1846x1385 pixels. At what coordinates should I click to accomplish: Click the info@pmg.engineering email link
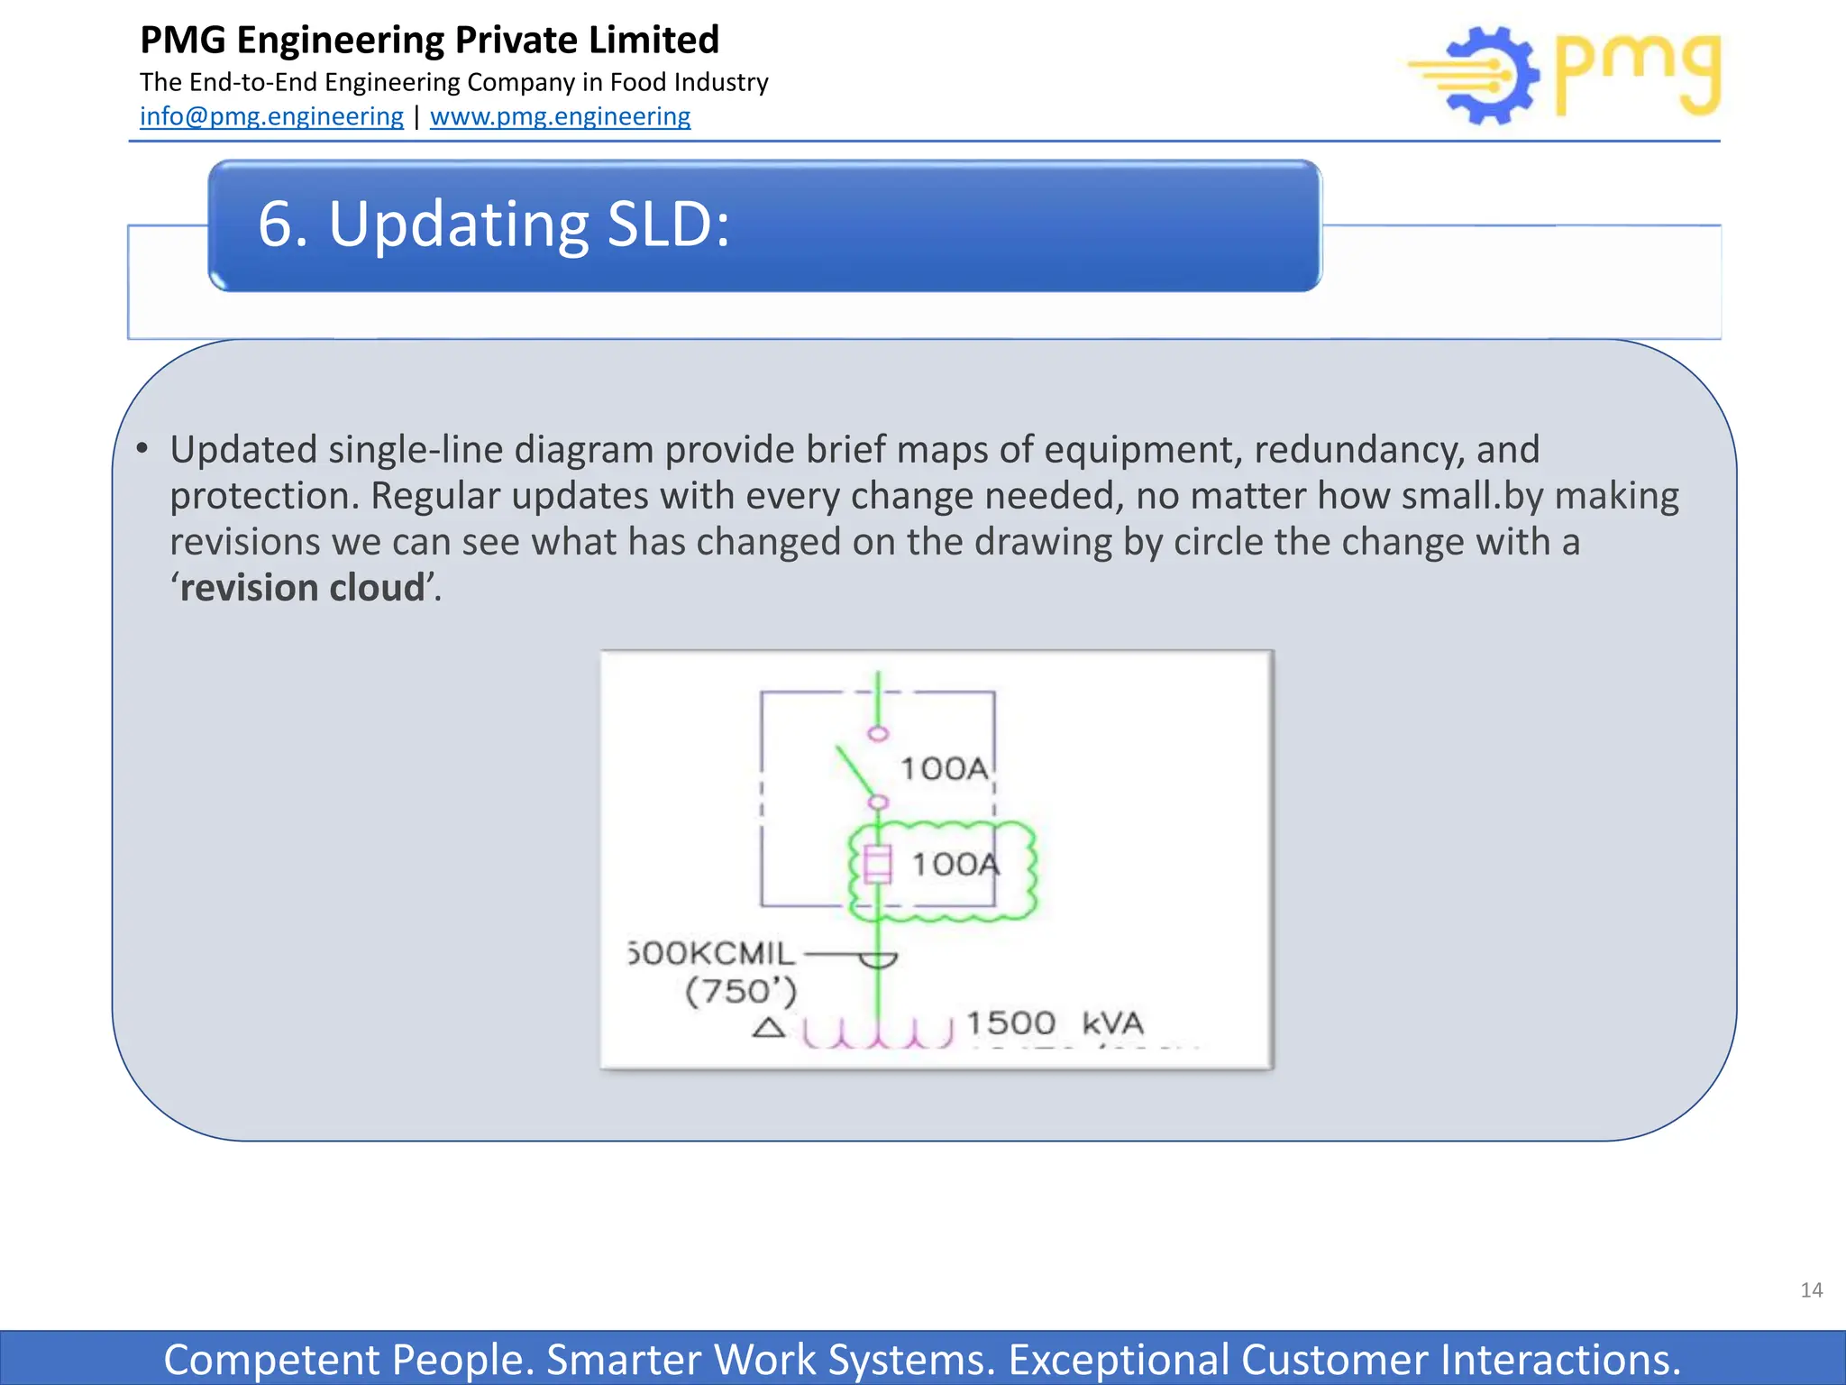click(271, 116)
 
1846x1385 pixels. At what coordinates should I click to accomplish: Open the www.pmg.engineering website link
click(560, 116)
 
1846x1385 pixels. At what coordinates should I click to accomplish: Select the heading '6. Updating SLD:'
click(493, 224)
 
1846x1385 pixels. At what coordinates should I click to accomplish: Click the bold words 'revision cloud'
click(302, 588)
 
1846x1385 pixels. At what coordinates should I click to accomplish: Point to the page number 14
click(1811, 1290)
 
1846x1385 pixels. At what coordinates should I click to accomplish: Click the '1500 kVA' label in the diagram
click(1054, 1023)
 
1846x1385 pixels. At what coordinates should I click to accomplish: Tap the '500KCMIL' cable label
click(712, 953)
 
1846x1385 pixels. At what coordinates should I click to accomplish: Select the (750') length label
click(741, 992)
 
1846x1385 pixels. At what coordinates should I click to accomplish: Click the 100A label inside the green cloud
click(955, 865)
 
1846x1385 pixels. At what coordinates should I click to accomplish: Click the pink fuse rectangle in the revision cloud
click(877, 864)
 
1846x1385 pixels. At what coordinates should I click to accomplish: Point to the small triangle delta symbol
click(768, 1028)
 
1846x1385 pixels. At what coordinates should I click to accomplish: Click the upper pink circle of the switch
click(878, 733)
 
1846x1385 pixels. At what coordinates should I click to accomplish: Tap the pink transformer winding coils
click(877, 1033)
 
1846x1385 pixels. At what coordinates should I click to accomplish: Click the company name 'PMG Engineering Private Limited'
click(430, 40)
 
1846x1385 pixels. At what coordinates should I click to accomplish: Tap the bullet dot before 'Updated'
click(142, 448)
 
